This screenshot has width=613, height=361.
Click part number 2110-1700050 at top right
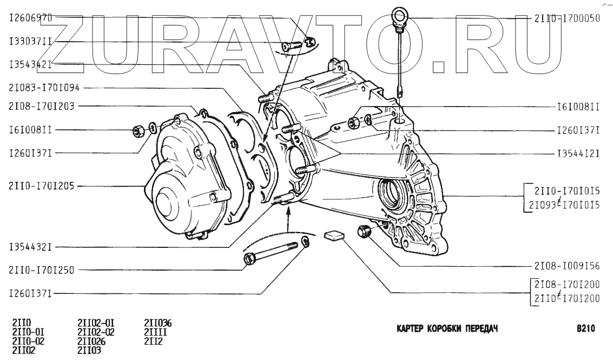567,18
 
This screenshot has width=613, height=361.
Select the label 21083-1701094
44,87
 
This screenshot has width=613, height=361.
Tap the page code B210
586,329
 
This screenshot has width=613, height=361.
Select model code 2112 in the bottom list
153,341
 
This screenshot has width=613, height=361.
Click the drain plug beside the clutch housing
364,231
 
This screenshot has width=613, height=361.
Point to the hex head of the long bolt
249,259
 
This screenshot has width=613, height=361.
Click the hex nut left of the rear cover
138,130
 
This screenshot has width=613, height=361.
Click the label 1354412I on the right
578,154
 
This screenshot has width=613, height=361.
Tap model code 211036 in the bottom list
158,324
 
